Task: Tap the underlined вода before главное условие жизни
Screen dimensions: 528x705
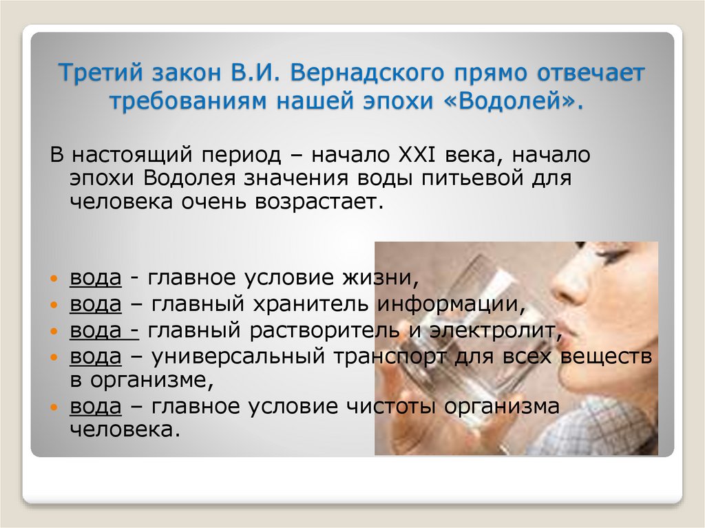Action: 95,279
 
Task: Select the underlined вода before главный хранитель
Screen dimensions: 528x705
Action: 95,305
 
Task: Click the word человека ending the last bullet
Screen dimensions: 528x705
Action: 125,430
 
